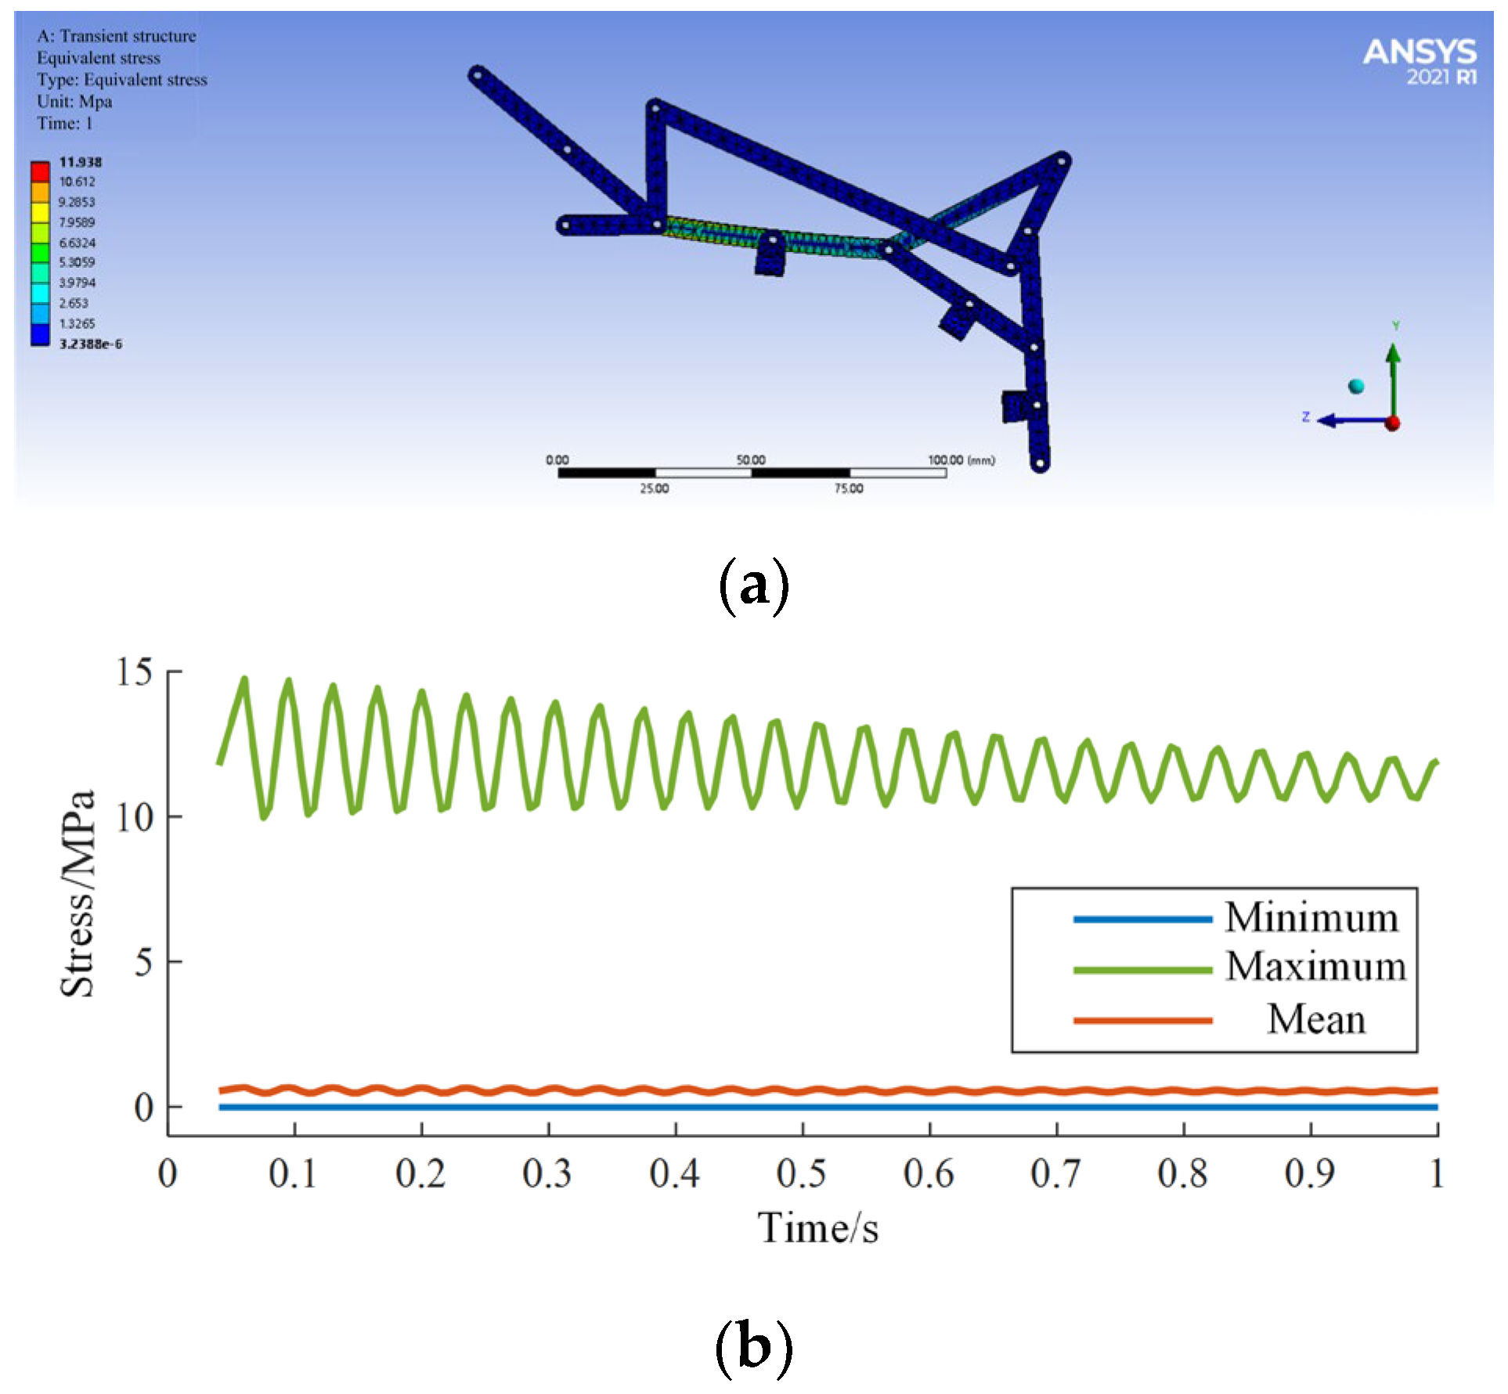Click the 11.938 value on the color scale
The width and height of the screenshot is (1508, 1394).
tap(80, 162)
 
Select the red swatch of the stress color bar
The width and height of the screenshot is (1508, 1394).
tap(40, 171)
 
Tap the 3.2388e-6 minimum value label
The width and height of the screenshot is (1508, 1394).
tap(90, 344)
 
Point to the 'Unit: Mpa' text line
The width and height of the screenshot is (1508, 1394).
tap(74, 102)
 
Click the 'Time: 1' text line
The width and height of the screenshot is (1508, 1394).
tap(64, 124)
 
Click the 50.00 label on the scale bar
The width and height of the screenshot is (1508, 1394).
tap(750, 459)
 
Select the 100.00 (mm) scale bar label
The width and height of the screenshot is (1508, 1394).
tap(961, 459)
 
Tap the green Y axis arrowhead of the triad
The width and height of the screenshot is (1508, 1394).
tap(1393, 353)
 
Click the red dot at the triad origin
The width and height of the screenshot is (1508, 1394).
tap(1392, 423)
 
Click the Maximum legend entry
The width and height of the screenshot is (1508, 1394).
tap(1315, 967)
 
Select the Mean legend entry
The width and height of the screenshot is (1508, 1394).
tap(1315, 1019)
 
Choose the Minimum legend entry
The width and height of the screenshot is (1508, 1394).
tap(1311, 917)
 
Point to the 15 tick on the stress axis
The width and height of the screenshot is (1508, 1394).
tap(135, 672)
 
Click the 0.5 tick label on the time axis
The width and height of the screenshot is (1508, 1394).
tap(801, 1173)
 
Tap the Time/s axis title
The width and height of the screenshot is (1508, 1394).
tap(817, 1227)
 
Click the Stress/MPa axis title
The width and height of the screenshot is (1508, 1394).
tap(78, 893)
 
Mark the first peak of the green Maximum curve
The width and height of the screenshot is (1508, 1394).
tap(245, 679)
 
